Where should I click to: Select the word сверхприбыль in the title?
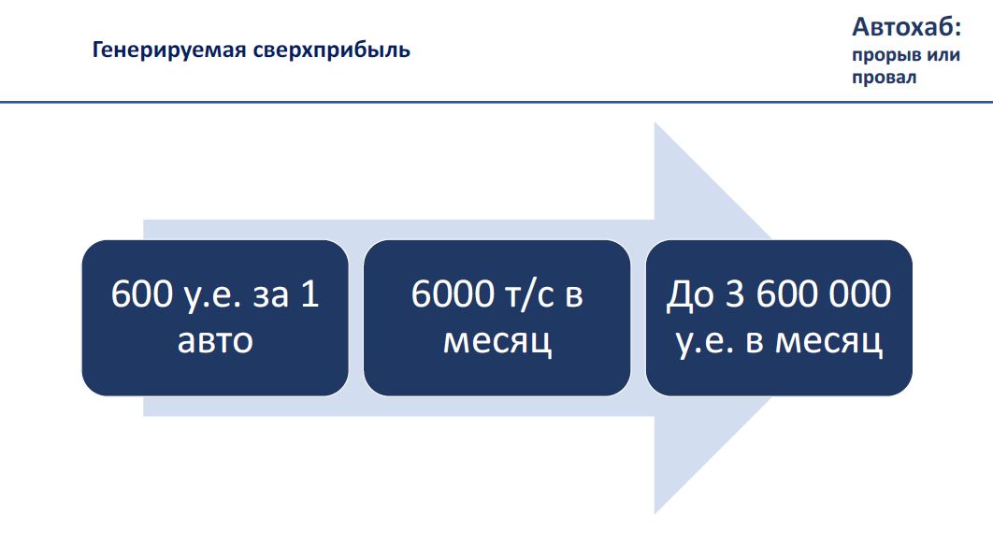click(332, 50)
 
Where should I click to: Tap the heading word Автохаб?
click(906, 26)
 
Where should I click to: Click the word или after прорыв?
click(943, 55)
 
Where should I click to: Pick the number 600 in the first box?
click(142, 294)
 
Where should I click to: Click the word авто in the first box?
click(215, 341)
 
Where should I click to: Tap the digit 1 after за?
click(310, 294)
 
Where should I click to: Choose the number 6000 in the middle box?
click(453, 294)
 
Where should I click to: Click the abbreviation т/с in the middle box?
click(529, 295)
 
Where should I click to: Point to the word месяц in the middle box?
click(497, 342)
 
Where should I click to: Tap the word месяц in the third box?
click(828, 342)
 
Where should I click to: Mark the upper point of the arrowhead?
click(655, 122)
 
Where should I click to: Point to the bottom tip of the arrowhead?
click(655, 514)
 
